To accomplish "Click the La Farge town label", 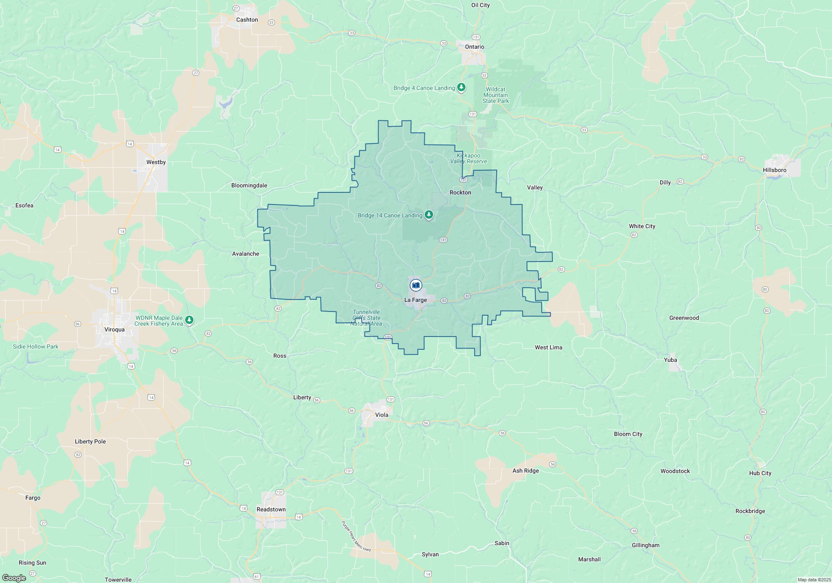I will [x=415, y=300].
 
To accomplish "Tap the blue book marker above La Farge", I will [x=416, y=285].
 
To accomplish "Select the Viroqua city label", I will [x=114, y=329].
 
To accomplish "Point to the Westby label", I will [x=156, y=162].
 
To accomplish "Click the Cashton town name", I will [x=247, y=20].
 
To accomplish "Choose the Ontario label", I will [x=475, y=47].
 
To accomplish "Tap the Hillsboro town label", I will [x=775, y=170].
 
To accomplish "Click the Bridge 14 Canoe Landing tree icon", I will [x=429, y=215].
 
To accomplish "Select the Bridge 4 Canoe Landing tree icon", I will [x=461, y=87].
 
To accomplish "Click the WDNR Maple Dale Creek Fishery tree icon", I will [x=189, y=320].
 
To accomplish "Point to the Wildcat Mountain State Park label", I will [x=495, y=95].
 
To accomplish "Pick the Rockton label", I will [x=460, y=192].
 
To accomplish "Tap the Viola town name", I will [x=381, y=415].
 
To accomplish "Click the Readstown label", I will [x=271, y=509].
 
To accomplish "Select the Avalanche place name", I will [x=245, y=254].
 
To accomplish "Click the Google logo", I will [x=14, y=578].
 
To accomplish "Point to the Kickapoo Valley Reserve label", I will [x=468, y=158].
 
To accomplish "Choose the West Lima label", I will [x=548, y=347].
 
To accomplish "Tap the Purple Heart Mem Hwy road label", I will [x=356, y=536].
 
